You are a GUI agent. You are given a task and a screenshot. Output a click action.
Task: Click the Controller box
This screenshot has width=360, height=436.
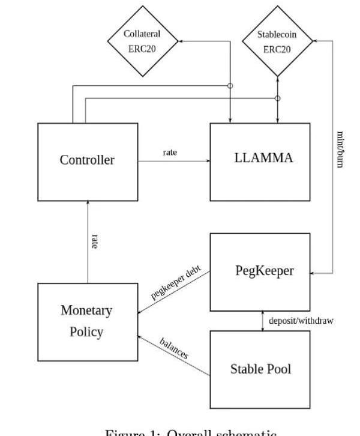[88, 161]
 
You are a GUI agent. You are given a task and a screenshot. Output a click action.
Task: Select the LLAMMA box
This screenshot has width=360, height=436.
[260, 161]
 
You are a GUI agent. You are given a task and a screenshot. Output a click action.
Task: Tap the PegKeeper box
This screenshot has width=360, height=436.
[260, 271]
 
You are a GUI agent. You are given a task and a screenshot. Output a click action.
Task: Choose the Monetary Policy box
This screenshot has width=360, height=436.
[88, 322]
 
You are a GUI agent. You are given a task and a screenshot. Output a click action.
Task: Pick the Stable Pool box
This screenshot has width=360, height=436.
[260, 369]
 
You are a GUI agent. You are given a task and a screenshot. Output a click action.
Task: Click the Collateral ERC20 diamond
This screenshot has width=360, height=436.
[142, 41]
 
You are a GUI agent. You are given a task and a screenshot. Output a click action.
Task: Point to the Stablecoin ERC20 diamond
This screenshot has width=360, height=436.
[277, 41]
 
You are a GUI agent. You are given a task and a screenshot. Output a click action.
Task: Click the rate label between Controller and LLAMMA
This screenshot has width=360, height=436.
[170, 153]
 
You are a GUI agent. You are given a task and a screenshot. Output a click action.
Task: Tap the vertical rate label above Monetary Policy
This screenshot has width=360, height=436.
[95, 241]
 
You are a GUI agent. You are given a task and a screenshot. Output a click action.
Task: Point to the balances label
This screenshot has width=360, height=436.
[174, 348]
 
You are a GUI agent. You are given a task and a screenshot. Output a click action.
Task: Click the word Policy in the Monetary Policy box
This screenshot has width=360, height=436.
[88, 332]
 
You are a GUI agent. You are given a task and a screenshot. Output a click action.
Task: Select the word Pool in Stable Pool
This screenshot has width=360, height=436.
[280, 369]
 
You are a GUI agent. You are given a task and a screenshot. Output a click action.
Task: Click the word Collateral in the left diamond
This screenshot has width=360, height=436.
[142, 34]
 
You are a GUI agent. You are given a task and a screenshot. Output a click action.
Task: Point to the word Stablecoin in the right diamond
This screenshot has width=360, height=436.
[277, 34]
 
